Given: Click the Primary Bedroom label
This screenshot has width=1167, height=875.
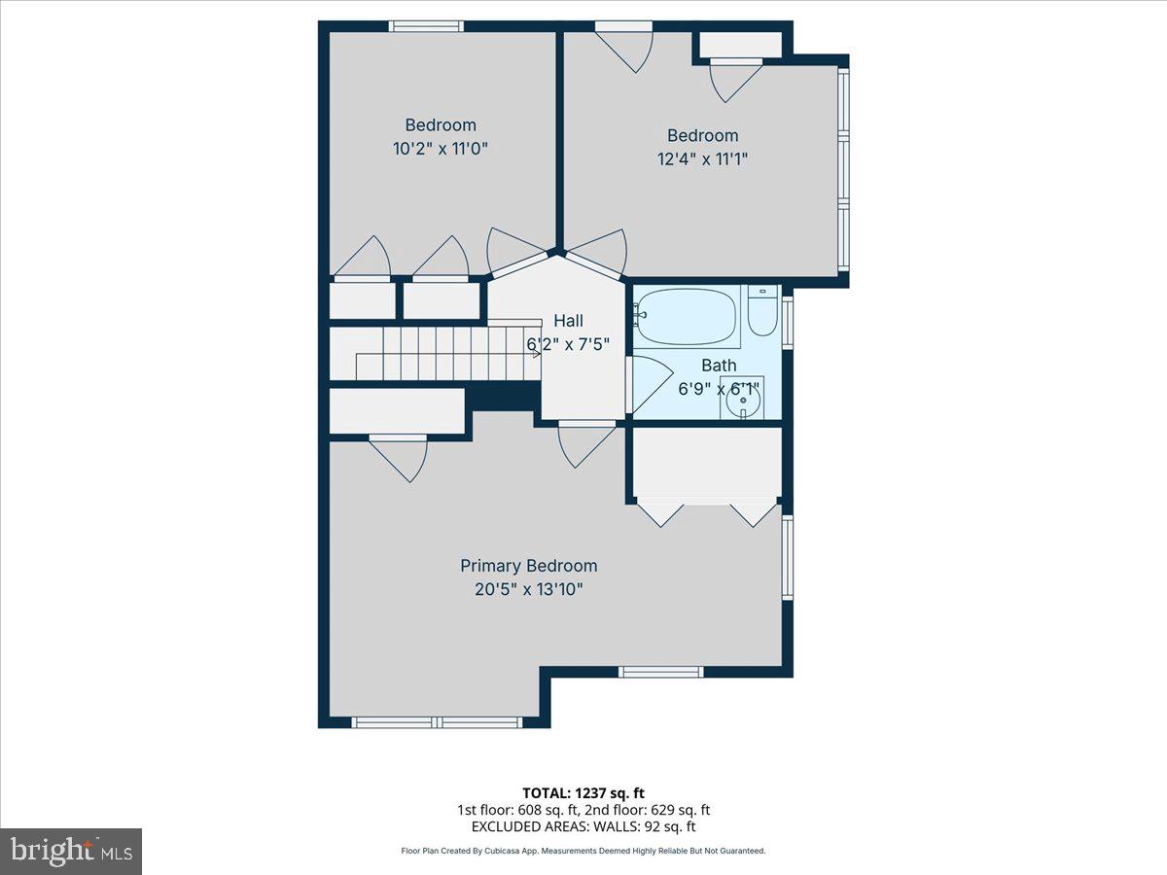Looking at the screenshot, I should click(x=528, y=566).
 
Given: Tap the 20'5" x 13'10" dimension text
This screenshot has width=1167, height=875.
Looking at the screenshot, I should click(x=528, y=589).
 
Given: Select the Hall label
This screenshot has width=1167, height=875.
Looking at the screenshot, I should click(x=569, y=321).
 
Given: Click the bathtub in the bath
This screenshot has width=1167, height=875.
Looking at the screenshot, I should click(x=686, y=317).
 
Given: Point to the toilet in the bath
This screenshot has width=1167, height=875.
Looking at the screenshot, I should click(x=762, y=311).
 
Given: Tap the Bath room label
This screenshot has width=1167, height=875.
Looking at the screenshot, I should click(x=719, y=366).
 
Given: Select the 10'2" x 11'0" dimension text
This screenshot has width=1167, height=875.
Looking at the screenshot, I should click(x=441, y=149).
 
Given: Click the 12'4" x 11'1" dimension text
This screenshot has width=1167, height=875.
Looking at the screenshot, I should click(x=702, y=158).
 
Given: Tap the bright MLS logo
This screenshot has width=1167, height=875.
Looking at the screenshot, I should click(x=71, y=851).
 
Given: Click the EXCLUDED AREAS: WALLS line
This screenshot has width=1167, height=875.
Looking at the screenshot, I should click(x=583, y=826).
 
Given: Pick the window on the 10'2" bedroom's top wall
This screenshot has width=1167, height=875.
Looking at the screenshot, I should click(x=426, y=26).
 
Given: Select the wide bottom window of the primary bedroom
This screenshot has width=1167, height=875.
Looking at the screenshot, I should click(x=437, y=722).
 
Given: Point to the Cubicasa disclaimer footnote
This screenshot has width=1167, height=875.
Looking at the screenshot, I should click(x=583, y=851).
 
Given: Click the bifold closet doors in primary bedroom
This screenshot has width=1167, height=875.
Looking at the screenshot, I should click(x=707, y=510).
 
